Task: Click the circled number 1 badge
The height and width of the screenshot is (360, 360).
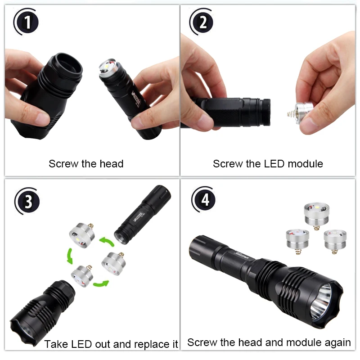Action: (x=28, y=22)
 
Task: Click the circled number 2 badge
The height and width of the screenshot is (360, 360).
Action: (x=203, y=22)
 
